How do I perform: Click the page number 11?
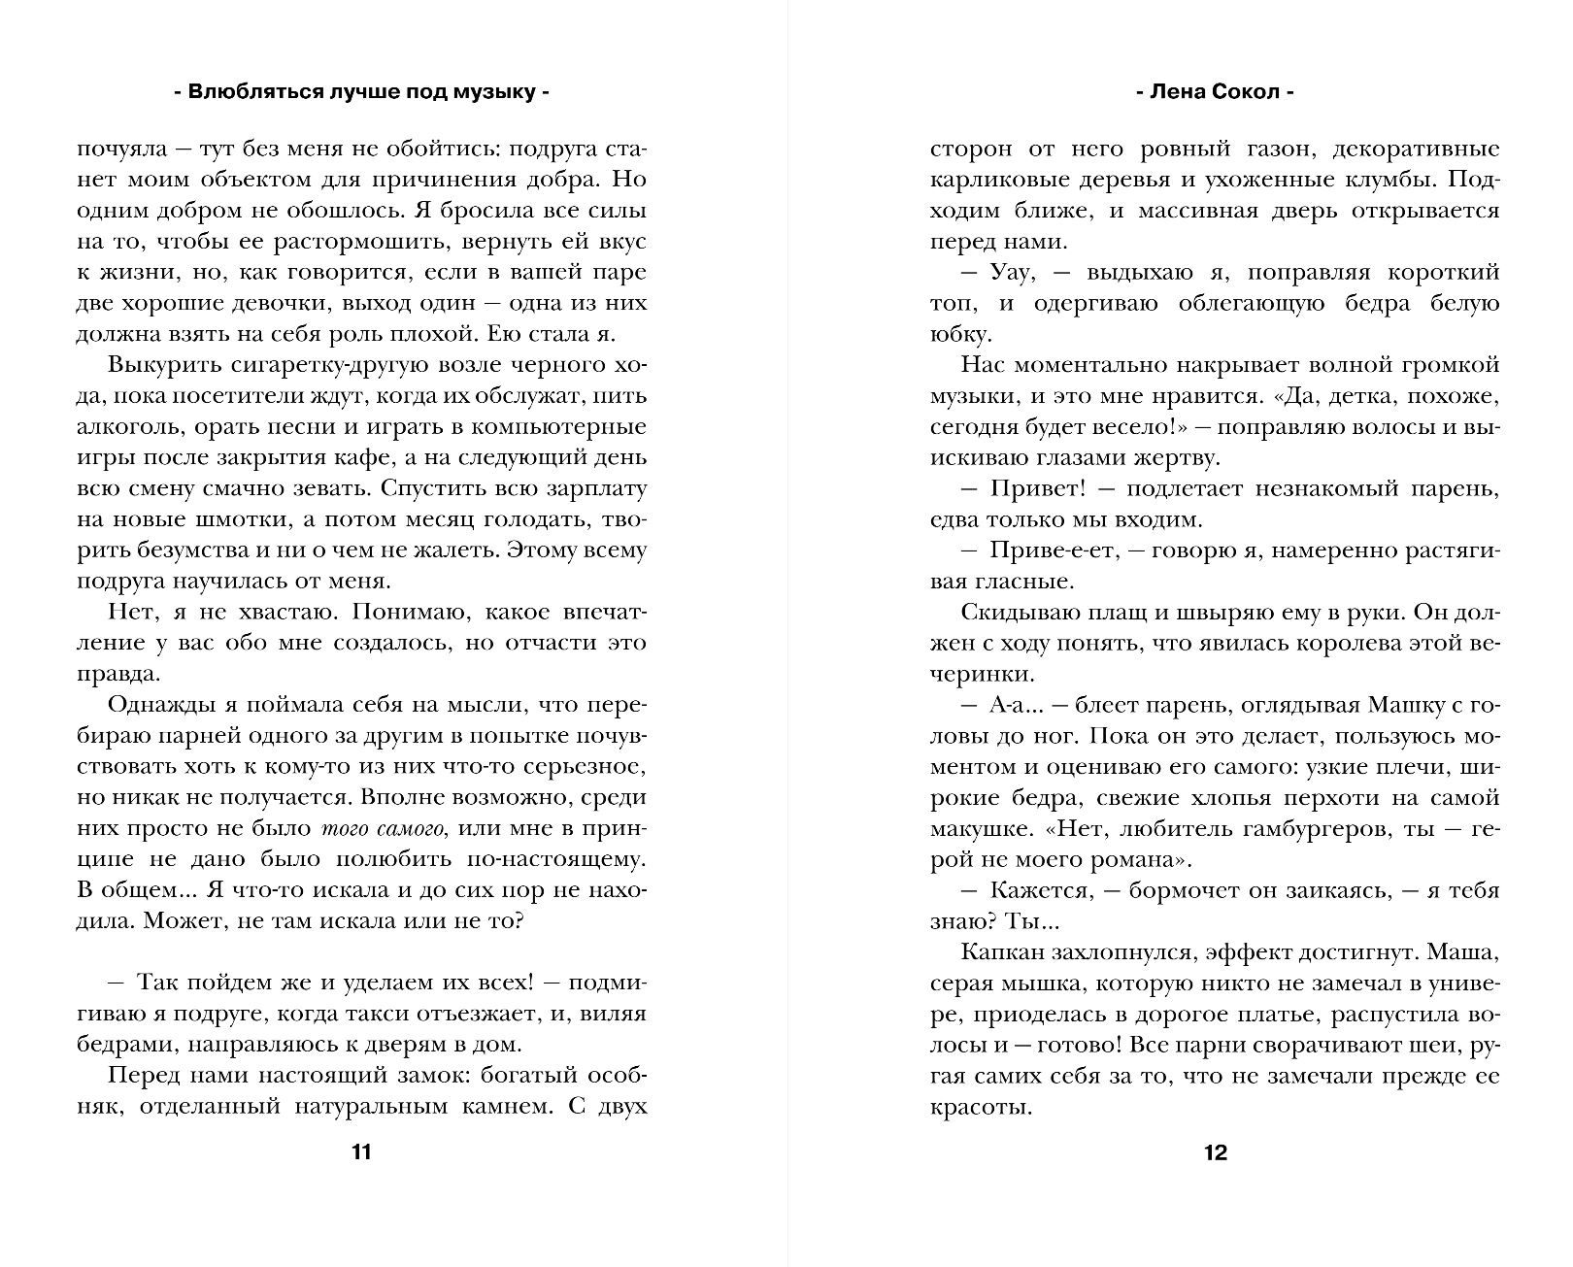[x=360, y=1152]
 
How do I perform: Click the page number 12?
[x=1215, y=1152]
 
